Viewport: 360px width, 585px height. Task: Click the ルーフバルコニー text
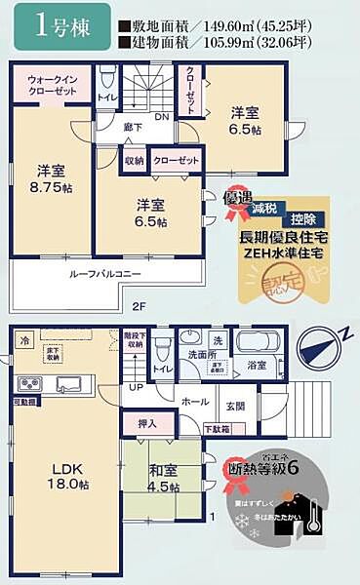(104, 276)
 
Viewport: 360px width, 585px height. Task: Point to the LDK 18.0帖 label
(63, 477)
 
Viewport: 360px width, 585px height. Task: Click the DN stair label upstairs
(161, 116)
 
